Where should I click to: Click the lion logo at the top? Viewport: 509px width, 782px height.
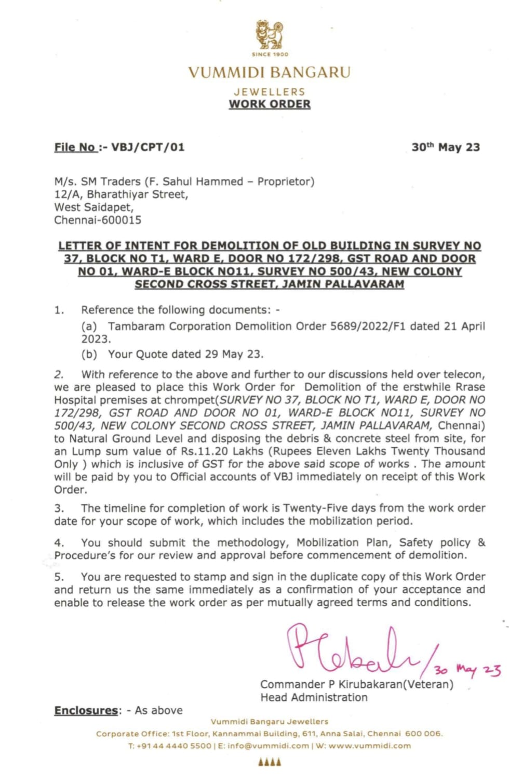click(x=270, y=35)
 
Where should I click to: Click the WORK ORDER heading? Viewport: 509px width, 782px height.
click(x=270, y=104)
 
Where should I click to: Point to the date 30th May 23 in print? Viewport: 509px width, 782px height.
click(x=446, y=147)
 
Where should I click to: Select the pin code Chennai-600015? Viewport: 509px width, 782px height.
click(x=98, y=220)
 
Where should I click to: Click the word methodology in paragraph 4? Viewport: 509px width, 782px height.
click(x=251, y=543)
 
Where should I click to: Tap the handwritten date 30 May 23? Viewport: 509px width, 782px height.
click(x=467, y=669)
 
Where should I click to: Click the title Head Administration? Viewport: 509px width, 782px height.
click(x=314, y=698)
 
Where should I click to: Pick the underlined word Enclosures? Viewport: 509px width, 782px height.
click(x=86, y=710)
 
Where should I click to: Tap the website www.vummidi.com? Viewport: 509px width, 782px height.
click(x=369, y=746)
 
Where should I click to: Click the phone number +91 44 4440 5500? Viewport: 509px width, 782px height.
click(x=174, y=746)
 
